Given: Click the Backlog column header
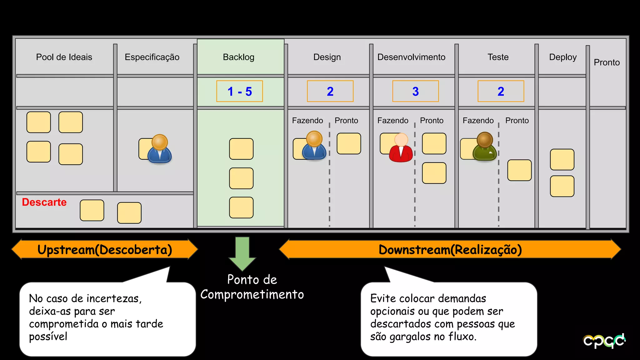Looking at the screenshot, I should click(x=238, y=57).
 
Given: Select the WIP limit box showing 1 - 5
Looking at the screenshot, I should click(x=239, y=91).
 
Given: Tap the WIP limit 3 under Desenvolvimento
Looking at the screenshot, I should click(x=415, y=91).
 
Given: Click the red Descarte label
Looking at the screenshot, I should click(x=44, y=202).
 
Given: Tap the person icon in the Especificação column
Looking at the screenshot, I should click(x=160, y=149).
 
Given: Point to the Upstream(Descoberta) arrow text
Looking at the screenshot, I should click(x=105, y=250).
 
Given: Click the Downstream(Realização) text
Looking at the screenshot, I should click(x=450, y=250).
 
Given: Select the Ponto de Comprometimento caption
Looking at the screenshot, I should click(x=252, y=287).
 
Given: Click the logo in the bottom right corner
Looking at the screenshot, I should click(x=604, y=341).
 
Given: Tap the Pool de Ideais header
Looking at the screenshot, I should click(x=64, y=57).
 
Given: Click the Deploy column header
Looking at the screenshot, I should click(x=562, y=57).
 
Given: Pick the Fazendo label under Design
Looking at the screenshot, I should click(x=307, y=121).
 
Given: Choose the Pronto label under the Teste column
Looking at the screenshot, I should click(x=517, y=121).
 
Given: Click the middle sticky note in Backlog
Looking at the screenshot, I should click(x=241, y=178).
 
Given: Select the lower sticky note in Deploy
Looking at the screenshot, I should click(x=562, y=186).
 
